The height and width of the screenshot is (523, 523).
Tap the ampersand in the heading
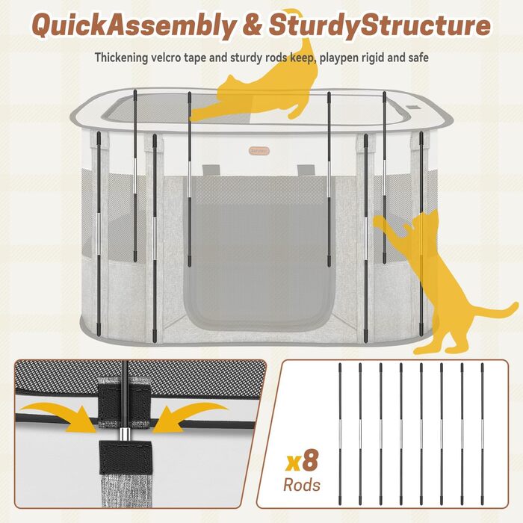(253, 25)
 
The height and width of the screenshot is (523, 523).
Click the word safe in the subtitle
(418, 58)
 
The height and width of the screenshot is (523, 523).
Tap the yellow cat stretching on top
(257, 87)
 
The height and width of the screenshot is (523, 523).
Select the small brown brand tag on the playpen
(259, 151)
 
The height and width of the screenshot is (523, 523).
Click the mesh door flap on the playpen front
(259, 253)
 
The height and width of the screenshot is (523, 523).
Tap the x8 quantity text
(302, 461)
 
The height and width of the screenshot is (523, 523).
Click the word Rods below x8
(302, 485)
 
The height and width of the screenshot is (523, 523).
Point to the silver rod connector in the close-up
(125, 434)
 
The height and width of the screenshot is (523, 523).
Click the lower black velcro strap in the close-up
(126, 457)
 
